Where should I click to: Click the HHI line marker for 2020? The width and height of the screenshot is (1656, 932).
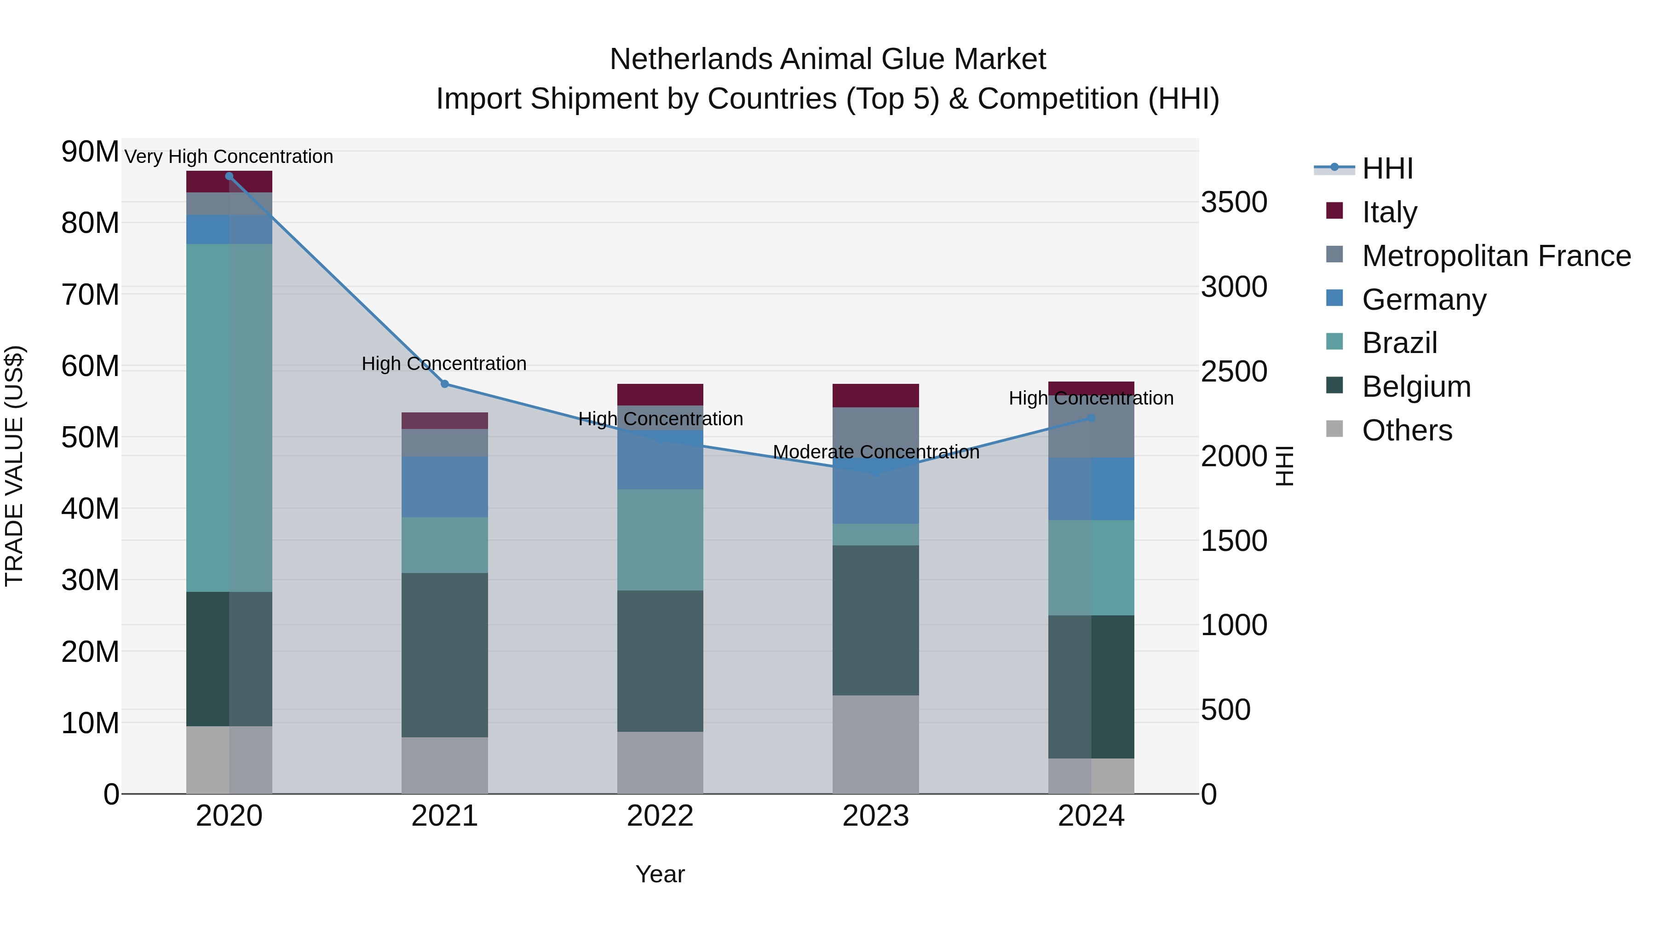pos(229,176)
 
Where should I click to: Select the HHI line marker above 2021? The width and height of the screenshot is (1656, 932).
pos(444,384)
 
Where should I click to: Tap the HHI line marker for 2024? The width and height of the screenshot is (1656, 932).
pos(1091,418)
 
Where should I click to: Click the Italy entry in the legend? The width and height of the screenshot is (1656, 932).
pos(1389,212)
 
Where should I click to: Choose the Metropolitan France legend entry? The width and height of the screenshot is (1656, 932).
pos(1496,256)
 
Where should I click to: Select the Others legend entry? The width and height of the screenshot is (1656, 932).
pos(1407,430)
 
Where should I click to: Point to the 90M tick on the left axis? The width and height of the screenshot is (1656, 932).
pos(90,152)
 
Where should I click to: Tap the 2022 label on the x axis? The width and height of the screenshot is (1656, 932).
pos(660,816)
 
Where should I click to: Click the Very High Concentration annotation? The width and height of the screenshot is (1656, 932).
pos(229,156)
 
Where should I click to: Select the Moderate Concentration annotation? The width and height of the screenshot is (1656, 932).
pos(875,452)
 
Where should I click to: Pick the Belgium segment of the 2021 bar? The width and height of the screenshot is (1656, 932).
pos(444,655)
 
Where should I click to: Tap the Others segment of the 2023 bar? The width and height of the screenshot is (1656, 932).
pos(875,744)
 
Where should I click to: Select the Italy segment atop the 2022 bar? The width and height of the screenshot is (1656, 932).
pos(660,394)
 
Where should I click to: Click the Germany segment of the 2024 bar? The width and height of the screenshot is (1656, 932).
pos(1091,489)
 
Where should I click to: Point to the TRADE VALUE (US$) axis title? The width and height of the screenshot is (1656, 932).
pos(14,466)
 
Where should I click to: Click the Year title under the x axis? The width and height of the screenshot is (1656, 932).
pos(660,874)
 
